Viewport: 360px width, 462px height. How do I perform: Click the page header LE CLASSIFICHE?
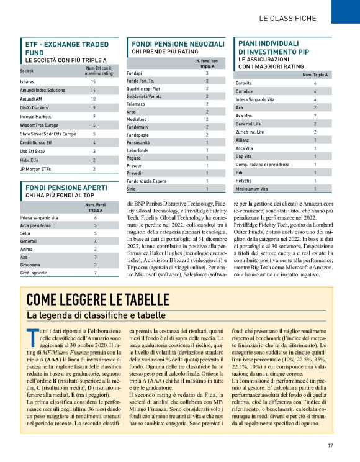coord(287,18)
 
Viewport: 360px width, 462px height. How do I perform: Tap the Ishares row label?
coord(27,81)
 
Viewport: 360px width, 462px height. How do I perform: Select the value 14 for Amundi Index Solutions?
coord(94,90)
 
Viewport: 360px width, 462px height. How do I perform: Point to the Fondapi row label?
coord(135,73)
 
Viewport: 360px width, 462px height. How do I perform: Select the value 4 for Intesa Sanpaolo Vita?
coord(315,99)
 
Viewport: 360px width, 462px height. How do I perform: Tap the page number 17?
coord(331,445)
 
